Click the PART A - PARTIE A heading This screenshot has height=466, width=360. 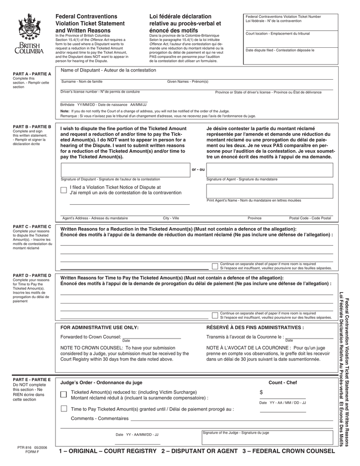[x=32, y=74]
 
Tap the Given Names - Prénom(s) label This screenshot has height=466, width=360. [x=188, y=81]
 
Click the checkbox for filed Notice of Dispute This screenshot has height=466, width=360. [x=64, y=190]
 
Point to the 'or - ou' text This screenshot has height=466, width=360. [x=198, y=170]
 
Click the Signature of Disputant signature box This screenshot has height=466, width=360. [x=125, y=169]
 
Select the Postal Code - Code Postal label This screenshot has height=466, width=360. [x=310, y=218]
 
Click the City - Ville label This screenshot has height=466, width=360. [x=171, y=218]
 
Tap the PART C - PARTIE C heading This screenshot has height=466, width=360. [x=32, y=226]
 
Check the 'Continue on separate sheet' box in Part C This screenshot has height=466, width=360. [x=215, y=266]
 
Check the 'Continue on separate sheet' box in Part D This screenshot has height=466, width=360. [x=215, y=315]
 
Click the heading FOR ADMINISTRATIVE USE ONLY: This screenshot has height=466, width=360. [x=99, y=327]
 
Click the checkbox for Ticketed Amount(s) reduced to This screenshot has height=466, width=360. [x=64, y=394]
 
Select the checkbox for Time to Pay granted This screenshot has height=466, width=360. [x=64, y=408]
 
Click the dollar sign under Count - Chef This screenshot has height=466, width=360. [x=261, y=392]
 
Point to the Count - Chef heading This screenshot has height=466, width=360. [x=283, y=383]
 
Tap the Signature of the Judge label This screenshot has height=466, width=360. [x=236, y=433]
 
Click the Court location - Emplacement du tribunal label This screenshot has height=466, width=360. [x=278, y=34]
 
